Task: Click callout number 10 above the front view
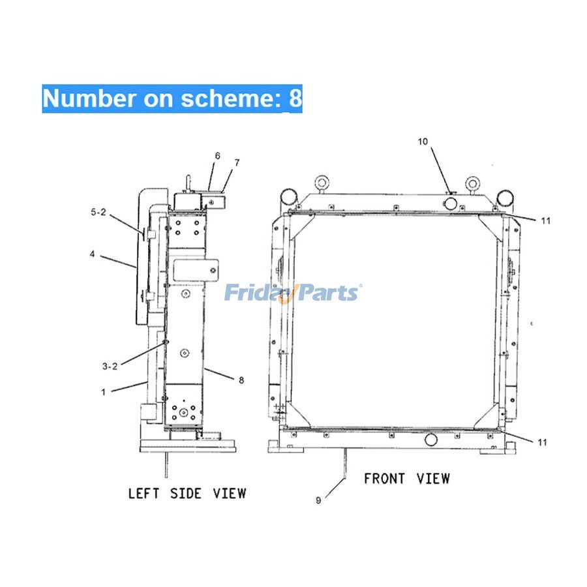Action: pyautogui.click(x=423, y=142)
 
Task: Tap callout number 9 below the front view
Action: pyautogui.click(x=318, y=500)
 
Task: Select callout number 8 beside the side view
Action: pyautogui.click(x=241, y=380)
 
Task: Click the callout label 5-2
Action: pyautogui.click(x=98, y=212)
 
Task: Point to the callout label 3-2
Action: pyautogui.click(x=110, y=367)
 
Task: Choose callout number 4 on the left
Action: pyautogui.click(x=92, y=254)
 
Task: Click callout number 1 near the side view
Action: pyautogui.click(x=103, y=393)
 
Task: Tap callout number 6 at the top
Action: pyautogui.click(x=217, y=156)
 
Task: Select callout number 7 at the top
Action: pyautogui.click(x=237, y=162)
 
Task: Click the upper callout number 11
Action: pyautogui.click(x=546, y=221)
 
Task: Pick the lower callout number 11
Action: pyautogui.click(x=543, y=442)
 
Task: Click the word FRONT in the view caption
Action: pyautogui.click(x=384, y=479)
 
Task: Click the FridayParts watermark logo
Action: pyautogui.click(x=293, y=293)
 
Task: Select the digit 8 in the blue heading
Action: pyautogui.click(x=295, y=98)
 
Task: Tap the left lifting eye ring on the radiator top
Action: pyautogui.click(x=321, y=183)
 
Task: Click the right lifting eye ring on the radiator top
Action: pyautogui.click(x=472, y=183)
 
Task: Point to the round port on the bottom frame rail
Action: pyautogui.click(x=431, y=440)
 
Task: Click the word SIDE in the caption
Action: pyautogui.click(x=186, y=494)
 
